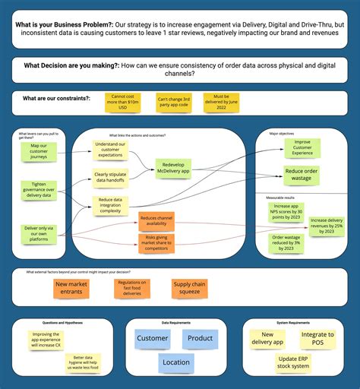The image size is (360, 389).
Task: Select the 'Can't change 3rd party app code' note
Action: [174, 103]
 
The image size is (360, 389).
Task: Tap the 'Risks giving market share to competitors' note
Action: [157, 243]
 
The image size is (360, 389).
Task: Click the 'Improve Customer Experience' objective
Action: [302, 147]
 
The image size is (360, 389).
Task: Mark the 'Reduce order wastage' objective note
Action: [302, 175]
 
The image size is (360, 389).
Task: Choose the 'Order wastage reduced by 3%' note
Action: [290, 242]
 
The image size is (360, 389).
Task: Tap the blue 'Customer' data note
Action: [153, 339]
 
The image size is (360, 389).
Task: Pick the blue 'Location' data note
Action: [176, 362]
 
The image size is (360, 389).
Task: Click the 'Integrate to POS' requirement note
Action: [317, 338]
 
